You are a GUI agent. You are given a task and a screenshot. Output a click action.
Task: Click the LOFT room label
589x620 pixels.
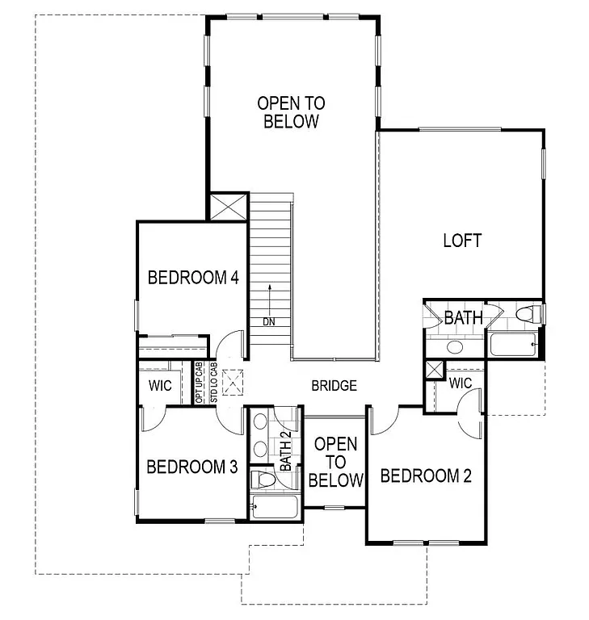[x=462, y=241]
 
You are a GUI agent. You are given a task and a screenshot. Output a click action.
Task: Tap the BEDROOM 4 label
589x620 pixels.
[x=193, y=278]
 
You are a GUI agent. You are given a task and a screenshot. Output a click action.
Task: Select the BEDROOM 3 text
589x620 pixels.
[x=191, y=467]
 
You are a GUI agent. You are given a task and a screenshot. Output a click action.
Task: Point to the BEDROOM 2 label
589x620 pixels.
[x=425, y=475]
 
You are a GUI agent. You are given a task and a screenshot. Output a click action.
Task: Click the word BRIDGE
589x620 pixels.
[x=334, y=386]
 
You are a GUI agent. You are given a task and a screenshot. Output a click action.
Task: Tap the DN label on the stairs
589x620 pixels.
[x=268, y=322]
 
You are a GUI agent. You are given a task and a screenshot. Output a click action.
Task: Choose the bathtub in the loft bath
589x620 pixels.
[x=512, y=345]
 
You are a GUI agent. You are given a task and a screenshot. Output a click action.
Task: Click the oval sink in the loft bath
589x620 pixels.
[x=455, y=347]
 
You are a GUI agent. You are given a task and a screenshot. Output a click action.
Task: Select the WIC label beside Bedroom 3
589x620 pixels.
[x=160, y=385]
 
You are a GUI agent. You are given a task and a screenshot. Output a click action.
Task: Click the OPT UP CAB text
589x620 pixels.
[x=200, y=384]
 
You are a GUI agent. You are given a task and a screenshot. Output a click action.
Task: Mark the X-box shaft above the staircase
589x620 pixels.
[x=229, y=205]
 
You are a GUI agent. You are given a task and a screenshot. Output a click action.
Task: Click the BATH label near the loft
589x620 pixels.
[x=463, y=318]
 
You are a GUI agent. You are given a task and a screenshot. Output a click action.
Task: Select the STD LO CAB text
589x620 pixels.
[x=213, y=384]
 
